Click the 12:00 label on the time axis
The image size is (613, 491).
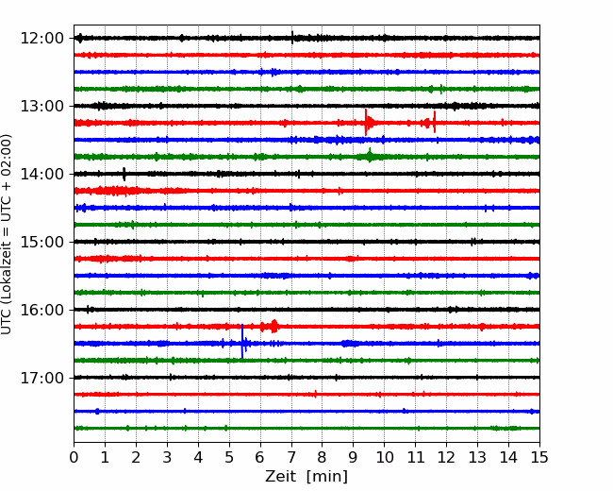click(41, 39)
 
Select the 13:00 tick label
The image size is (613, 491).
click(41, 106)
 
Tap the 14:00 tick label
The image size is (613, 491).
click(41, 174)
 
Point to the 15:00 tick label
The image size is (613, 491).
click(41, 242)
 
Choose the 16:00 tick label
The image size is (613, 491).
click(41, 310)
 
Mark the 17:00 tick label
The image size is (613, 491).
click(41, 378)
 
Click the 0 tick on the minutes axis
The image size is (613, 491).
click(74, 457)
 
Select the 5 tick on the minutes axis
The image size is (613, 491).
click(229, 457)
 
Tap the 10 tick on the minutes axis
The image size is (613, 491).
click(384, 457)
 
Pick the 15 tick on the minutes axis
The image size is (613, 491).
click(539, 457)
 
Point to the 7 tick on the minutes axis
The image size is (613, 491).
click(291, 457)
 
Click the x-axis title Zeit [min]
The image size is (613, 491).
click(306, 477)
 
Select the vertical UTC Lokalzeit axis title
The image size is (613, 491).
click(6, 234)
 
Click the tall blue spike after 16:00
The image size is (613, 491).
click(242, 341)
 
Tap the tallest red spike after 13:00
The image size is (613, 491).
click(366, 122)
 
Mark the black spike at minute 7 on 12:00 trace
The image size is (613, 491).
click(292, 38)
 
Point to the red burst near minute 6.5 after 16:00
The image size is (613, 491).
click(274, 326)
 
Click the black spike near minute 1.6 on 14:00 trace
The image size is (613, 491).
click(124, 174)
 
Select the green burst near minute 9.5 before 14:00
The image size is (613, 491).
click(370, 156)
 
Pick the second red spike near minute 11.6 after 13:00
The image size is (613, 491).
click(435, 122)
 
